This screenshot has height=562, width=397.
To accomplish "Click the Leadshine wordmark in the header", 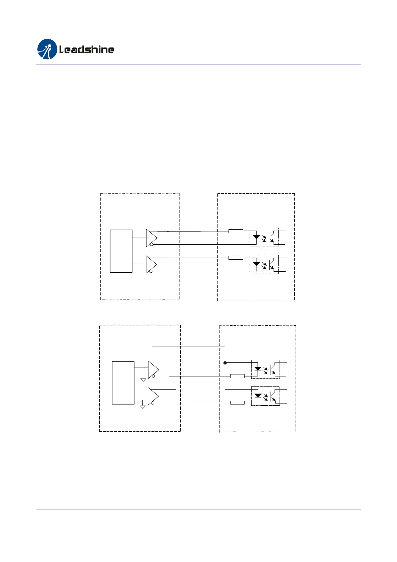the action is [x=87, y=50].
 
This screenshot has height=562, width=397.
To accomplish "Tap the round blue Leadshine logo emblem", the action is [x=47, y=49].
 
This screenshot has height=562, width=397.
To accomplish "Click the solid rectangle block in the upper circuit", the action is [x=121, y=251].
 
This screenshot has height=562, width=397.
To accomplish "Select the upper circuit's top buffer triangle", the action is [x=151, y=238].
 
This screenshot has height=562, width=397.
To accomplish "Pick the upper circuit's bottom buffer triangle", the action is [x=151, y=264].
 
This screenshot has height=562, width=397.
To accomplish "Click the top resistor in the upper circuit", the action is [x=236, y=231].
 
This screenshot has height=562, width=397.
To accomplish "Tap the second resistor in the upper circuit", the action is [x=236, y=258].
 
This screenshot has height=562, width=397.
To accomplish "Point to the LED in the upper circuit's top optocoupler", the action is [x=256, y=237].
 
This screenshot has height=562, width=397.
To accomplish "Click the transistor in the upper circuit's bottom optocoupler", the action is [x=272, y=264].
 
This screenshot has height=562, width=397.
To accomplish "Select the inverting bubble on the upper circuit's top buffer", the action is [x=151, y=245].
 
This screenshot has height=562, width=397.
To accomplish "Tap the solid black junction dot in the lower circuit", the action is [x=225, y=363].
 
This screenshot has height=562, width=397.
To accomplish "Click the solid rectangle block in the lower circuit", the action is [x=123, y=383].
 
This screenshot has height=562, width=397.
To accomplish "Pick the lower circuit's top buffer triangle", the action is [x=153, y=370].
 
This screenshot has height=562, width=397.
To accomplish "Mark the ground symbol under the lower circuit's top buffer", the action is [x=143, y=379].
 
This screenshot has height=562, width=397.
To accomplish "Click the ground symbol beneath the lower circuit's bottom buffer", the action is [x=143, y=406].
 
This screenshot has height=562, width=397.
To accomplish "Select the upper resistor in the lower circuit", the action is [x=237, y=376].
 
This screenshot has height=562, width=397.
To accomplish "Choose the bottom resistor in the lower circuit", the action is [x=237, y=403].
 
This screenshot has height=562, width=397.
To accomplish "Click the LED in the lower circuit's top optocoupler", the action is [x=258, y=369].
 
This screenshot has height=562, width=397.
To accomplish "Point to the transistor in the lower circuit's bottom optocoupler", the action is [x=274, y=396].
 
